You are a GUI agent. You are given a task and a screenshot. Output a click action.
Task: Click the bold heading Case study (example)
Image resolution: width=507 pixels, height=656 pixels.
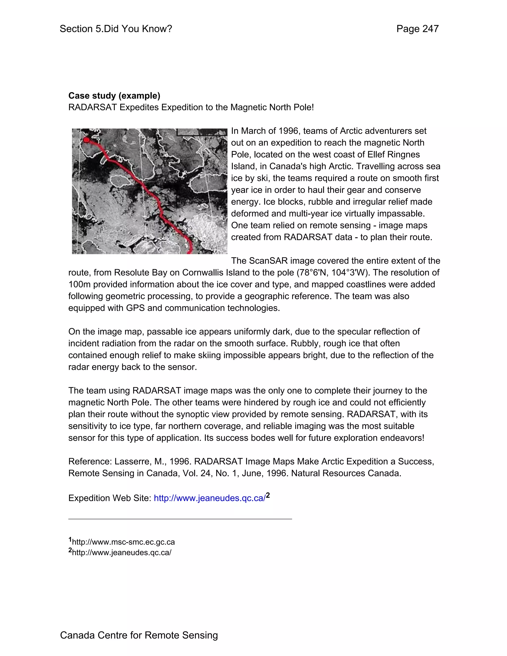tap(114, 96)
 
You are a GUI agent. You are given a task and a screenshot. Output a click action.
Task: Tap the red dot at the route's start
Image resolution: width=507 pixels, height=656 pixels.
tap(86, 140)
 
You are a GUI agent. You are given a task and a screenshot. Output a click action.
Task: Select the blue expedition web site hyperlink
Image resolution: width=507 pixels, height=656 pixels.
tap(209, 498)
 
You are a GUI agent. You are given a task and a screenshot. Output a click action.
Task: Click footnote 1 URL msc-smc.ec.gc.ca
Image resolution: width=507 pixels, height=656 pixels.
tap(123, 542)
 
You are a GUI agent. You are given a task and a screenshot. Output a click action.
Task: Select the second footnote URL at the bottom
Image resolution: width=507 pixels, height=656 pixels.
tap(122, 553)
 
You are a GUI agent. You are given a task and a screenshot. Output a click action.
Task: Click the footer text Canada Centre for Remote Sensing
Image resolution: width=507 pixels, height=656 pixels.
tap(139, 635)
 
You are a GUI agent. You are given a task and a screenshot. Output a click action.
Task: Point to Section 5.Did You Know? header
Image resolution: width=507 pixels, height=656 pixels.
tap(116, 29)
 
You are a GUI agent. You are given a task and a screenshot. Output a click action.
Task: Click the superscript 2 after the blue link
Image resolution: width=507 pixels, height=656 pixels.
tap(268, 496)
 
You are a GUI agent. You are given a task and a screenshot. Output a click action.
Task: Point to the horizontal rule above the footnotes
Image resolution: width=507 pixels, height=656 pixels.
tap(180, 519)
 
